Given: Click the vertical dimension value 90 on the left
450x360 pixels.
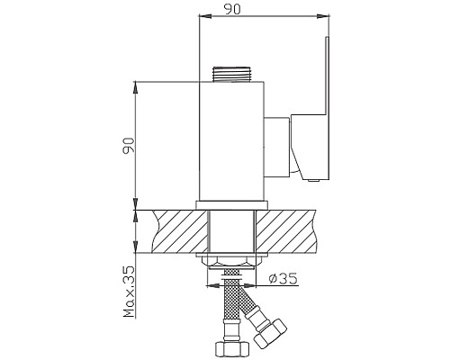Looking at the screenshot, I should coord(129,144).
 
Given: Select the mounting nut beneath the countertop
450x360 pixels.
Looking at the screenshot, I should coord(232,260).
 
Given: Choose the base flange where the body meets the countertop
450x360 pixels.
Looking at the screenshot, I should coord(231,204).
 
